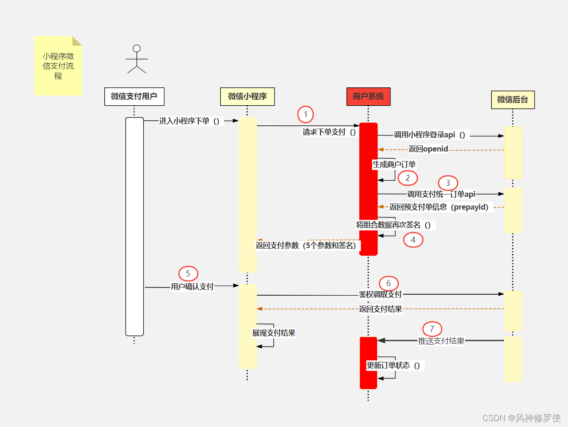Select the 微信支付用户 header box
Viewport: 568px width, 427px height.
pos(134,97)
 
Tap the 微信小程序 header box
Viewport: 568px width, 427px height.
pos(247,97)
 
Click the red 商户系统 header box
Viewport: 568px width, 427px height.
pos(368,97)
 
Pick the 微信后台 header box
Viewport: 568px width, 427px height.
pos(513,99)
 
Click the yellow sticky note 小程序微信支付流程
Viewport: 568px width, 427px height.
pos(58,66)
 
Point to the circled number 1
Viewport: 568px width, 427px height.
pos(306,114)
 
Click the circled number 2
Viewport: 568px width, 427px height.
pos(408,178)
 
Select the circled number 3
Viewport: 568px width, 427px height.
pos(448,183)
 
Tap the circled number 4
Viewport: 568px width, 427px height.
pos(413,239)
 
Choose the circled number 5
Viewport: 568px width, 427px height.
pos(188,274)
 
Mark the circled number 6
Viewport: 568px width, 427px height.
pos(389,283)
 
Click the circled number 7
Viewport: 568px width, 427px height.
pos(432,329)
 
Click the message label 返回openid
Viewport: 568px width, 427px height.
pos(428,149)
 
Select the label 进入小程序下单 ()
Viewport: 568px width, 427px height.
pos(189,121)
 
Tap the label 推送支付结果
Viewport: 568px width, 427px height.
pos(441,341)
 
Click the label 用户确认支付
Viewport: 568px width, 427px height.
pos(192,286)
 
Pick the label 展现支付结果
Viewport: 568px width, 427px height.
pos(274,333)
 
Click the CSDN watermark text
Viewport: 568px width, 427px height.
pos(521,417)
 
